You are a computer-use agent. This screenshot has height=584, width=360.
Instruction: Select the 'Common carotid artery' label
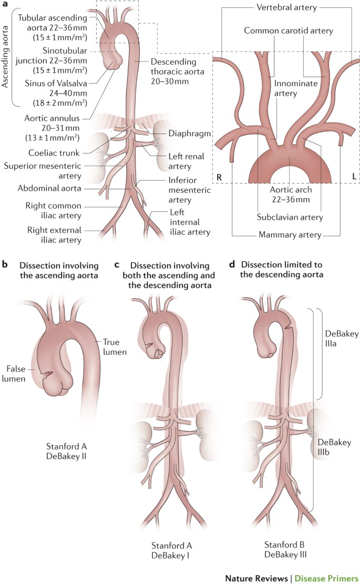[289, 31]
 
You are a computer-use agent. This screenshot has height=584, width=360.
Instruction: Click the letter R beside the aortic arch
[219, 177]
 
